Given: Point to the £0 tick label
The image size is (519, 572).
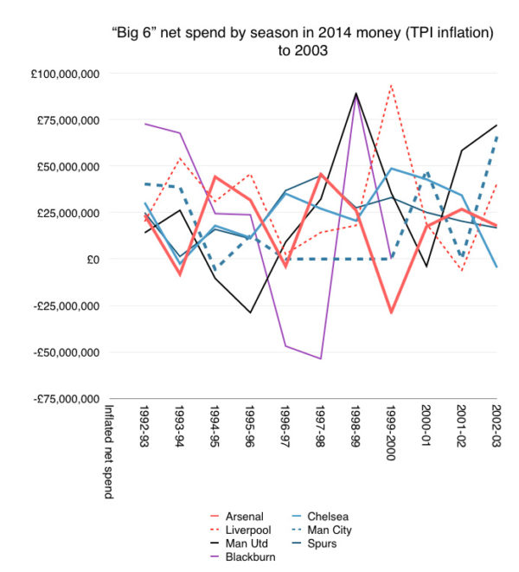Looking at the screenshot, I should [91, 260].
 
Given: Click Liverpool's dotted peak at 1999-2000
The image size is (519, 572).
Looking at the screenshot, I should [391, 85].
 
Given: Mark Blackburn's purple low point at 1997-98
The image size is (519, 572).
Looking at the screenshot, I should [320, 358].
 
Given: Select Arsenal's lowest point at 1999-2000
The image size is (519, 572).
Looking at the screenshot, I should [391, 312].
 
